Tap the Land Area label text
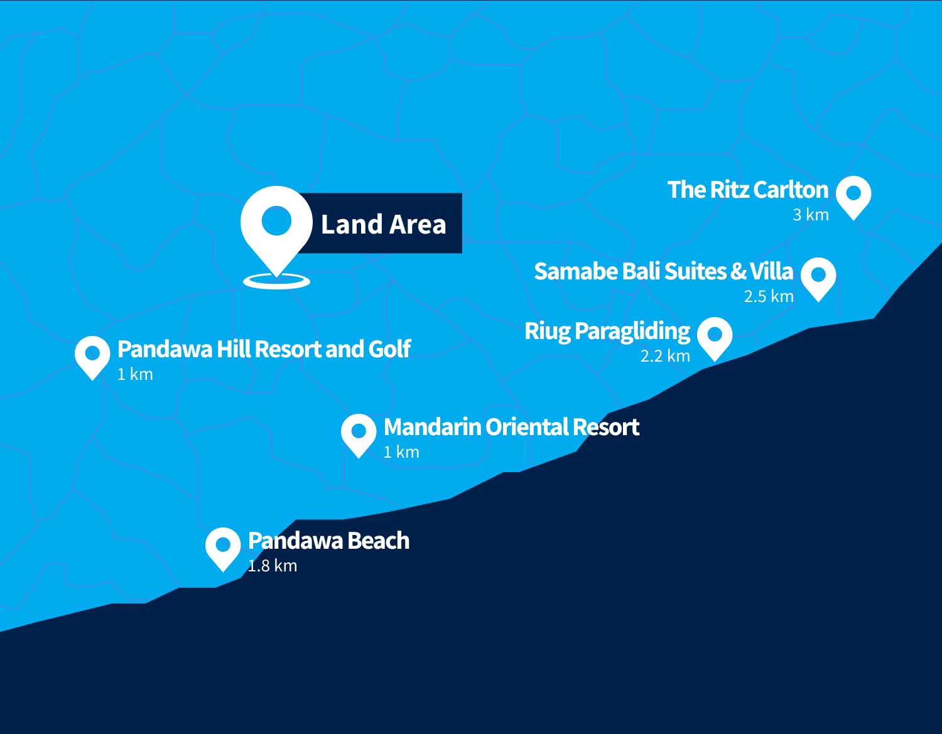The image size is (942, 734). pos(383,224)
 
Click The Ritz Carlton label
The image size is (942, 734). pos(747,190)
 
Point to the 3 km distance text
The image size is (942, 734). pos(810,215)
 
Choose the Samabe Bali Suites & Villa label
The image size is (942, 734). pos(663,271)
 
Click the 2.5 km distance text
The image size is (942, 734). pos(768,296)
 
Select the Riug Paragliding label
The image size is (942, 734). pos(607,331)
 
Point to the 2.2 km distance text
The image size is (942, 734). pos(664,357)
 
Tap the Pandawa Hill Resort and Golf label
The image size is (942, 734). pos(264,349)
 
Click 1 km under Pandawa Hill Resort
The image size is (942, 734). pos(135,374)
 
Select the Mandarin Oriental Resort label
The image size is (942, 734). pos(511,427)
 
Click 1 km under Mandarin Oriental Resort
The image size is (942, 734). pos(401,452)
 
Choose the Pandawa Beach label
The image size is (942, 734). pos(328,541)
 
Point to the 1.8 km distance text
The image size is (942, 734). pos(272,566)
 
